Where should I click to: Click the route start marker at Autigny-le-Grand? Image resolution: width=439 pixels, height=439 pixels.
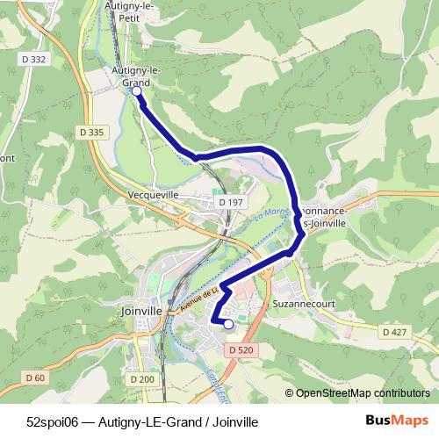tap(136, 90)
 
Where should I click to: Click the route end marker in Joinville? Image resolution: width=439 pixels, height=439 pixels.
tap(228, 324)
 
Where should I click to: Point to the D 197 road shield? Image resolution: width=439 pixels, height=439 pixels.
tap(232, 202)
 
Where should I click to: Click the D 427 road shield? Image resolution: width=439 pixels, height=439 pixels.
tap(393, 332)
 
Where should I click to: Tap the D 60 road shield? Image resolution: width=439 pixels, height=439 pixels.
tap(35, 378)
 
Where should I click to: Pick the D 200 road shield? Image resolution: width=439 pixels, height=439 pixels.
tap(142, 379)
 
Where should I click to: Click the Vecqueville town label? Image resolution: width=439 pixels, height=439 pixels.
tap(153, 196)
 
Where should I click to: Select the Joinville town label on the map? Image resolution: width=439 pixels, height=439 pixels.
tap(140, 310)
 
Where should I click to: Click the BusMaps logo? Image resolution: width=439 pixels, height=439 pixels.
tap(397, 420)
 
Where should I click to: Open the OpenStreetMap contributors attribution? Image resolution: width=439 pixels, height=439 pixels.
tap(363, 393)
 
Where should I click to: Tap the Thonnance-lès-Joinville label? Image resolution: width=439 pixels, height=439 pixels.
tap(326, 217)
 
